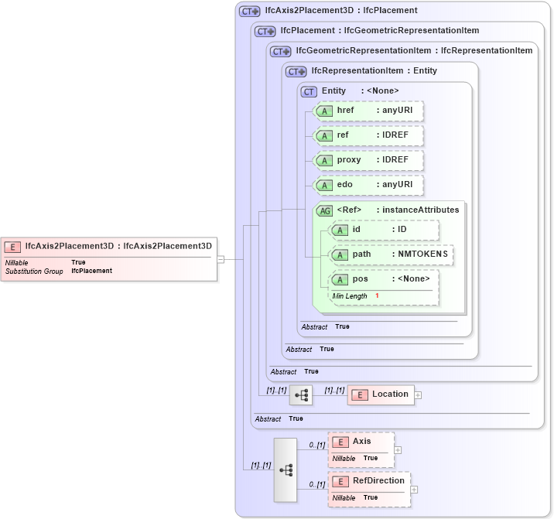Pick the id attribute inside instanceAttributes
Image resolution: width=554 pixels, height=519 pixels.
(385, 230)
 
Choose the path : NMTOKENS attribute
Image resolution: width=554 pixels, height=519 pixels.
(392, 254)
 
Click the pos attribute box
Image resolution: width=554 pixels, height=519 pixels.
(385, 279)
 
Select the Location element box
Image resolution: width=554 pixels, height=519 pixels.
(381, 394)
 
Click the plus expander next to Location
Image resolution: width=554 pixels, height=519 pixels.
(419, 394)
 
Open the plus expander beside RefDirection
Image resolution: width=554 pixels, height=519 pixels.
(415, 489)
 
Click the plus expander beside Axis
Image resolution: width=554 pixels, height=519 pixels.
(398, 449)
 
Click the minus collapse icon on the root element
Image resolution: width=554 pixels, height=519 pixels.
(221, 259)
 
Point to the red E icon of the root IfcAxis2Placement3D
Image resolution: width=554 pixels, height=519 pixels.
(12, 247)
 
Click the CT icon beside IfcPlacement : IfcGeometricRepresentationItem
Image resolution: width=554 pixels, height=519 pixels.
(265, 32)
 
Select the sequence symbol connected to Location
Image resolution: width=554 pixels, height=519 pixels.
(301, 394)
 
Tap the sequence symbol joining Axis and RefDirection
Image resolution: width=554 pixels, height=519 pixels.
(286, 469)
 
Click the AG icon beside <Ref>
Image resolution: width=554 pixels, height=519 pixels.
(325, 210)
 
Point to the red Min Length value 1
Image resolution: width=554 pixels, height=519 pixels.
(377, 296)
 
